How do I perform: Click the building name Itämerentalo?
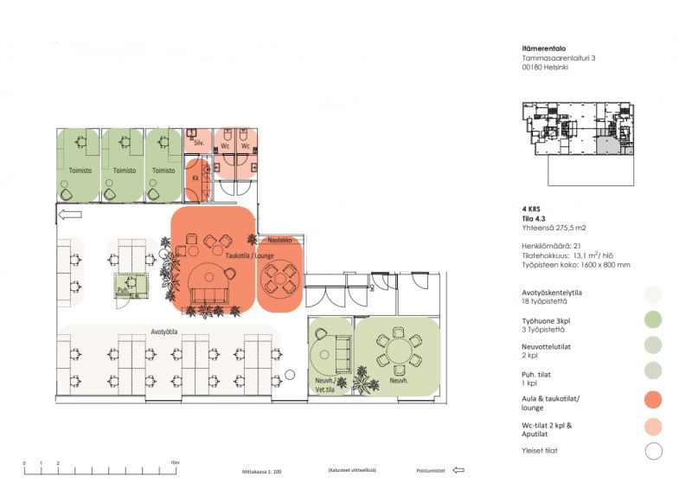pyautogui.click(x=545, y=49)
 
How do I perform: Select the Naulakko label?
pyautogui.click(x=279, y=240)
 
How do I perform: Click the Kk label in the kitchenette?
pyautogui.click(x=196, y=178)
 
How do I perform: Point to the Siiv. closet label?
pyautogui.click(x=198, y=141)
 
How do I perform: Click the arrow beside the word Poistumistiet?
pyautogui.click(x=458, y=472)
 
